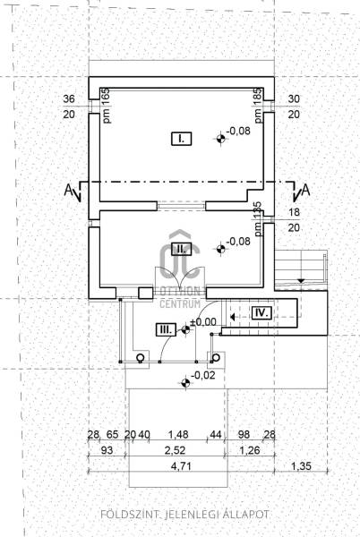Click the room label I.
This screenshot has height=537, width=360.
181,139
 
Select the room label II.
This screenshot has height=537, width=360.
181,249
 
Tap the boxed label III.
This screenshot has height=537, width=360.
167,329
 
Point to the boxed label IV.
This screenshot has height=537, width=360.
262,312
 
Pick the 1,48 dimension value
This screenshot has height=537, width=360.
178,435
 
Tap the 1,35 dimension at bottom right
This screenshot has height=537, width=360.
301,466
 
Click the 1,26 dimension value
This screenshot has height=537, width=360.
249,450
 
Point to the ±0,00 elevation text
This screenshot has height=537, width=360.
203,322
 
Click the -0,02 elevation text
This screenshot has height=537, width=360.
203,375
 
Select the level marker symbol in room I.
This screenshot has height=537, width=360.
220,139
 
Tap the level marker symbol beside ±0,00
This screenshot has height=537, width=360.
185,329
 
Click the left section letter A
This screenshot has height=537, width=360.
69,190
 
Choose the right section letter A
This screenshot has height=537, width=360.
305,190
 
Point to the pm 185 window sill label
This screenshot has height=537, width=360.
258,106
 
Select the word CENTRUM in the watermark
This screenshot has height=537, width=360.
180,303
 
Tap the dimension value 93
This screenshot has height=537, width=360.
107,450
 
